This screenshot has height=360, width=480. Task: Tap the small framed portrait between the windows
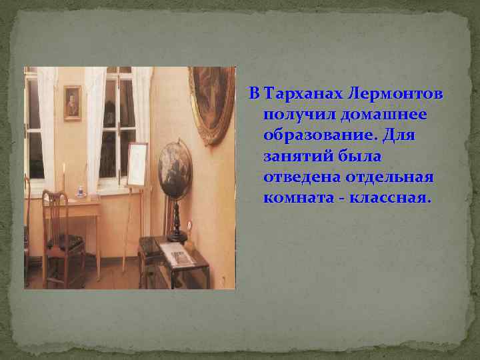tap(72, 103)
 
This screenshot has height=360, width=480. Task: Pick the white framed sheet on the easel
tap(137, 165)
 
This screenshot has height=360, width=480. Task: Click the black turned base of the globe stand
tap(177, 223)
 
